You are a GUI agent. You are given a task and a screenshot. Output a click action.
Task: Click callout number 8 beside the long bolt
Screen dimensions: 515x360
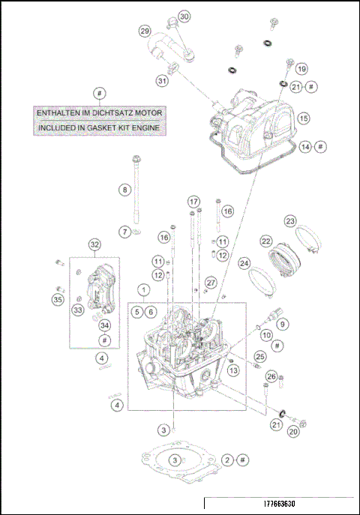pyautogui.click(x=124, y=190)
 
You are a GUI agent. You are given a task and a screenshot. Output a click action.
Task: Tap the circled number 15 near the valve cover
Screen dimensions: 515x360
pyautogui.click(x=303, y=118)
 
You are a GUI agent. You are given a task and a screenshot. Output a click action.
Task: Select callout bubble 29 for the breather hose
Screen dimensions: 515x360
pyautogui.click(x=145, y=31)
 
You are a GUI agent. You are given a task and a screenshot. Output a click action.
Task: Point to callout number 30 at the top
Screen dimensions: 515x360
pyautogui.click(x=184, y=16)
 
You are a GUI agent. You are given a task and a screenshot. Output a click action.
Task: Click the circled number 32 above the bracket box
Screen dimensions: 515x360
pyautogui.click(x=94, y=244)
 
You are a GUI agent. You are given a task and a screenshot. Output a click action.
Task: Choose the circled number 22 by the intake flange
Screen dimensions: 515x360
pyautogui.click(x=265, y=241)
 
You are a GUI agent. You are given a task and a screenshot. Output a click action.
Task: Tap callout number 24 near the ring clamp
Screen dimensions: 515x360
pyautogui.click(x=244, y=264)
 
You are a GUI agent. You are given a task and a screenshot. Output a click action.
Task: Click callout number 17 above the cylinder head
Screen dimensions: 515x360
pyautogui.click(x=193, y=202)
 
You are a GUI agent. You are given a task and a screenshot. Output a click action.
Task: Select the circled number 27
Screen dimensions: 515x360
pyautogui.click(x=211, y=282)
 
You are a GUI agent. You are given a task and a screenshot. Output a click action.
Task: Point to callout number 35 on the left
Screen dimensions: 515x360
pyautogui.click(x=57, y=300)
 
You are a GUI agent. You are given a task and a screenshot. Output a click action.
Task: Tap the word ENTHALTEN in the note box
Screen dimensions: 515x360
pyautogui.click(x=61, y=112)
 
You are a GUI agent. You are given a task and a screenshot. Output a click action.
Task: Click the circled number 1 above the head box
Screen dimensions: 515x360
pyautogui.click(x=142, y=289)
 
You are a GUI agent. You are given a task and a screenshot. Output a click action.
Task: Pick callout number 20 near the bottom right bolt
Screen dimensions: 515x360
pyautogui.click(x=294, y=431)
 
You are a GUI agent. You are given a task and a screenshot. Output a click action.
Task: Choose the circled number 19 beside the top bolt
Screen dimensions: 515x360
pyautogui.click(x=301, y=69)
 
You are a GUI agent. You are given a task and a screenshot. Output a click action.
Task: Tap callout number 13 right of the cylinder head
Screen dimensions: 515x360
pyautogui.click(x=233, y=370)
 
